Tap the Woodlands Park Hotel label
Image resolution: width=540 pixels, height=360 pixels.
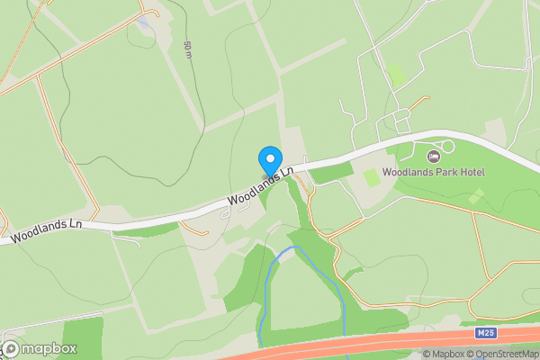click(x=434, y=171)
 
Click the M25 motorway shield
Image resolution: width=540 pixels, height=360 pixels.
click(x=486, y=333)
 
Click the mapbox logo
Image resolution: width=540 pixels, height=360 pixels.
click(x=40, y=348)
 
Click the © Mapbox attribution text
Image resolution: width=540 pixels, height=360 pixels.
click(x=443, y=354)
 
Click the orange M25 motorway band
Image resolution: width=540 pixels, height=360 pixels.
click(x=360, y=346)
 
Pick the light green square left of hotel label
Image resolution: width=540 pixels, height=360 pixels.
click(x=372, y=178)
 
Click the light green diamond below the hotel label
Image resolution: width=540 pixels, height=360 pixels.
click(x=476, y=195)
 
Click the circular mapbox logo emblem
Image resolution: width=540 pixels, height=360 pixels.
click(x=12, y=348)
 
